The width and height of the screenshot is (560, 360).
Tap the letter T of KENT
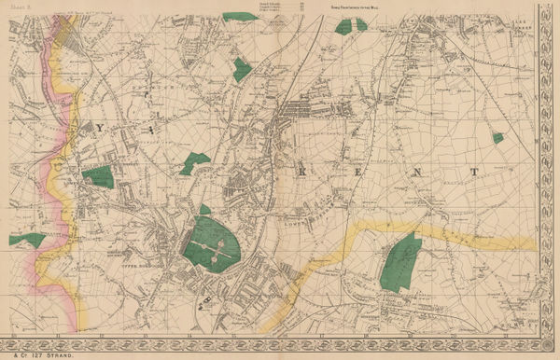click(x=475, y=172)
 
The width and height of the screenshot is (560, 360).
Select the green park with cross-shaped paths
click(x=215, y=244)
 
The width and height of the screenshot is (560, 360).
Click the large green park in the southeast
click(x=402, y=261)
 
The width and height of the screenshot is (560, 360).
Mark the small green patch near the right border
click(x=498, y=137)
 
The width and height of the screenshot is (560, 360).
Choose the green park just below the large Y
click(x=97, y=176)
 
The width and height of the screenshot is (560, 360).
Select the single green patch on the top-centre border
click(x=239, y=16)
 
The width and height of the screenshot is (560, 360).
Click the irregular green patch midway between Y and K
click(x=194, y=162)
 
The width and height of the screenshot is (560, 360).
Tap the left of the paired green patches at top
click(x=343, y=26)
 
